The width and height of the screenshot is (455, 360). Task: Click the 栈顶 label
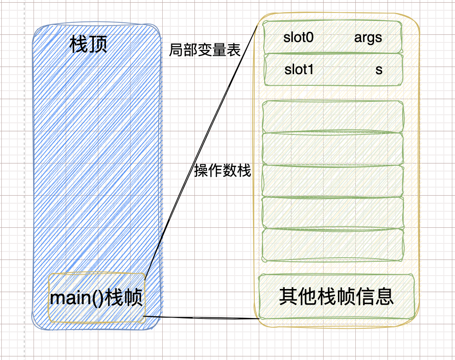(x=89, y=45)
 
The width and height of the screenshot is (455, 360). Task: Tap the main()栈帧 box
(x=97, y=297)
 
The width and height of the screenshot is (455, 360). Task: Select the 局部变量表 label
(x=205, y=50)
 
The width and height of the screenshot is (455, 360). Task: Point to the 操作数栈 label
(x=223, y=171)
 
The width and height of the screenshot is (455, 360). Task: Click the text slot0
(x=298, y=38)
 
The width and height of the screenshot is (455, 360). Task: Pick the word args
(x=368, y=38)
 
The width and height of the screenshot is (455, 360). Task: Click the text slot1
(x=299, y=70)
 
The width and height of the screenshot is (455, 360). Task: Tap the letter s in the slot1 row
(x=379, y=70)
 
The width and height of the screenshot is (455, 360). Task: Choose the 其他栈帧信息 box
(x=336, y=296)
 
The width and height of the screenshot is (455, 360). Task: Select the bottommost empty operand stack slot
(x=333, y=245)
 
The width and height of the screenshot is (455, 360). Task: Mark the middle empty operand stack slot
(x=333, y=180)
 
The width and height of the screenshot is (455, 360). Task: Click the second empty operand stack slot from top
(x=333, y=148)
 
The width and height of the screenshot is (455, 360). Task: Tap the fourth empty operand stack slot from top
(x=333, y=213)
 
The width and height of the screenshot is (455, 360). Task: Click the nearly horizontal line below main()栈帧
(x=201, y=318)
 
